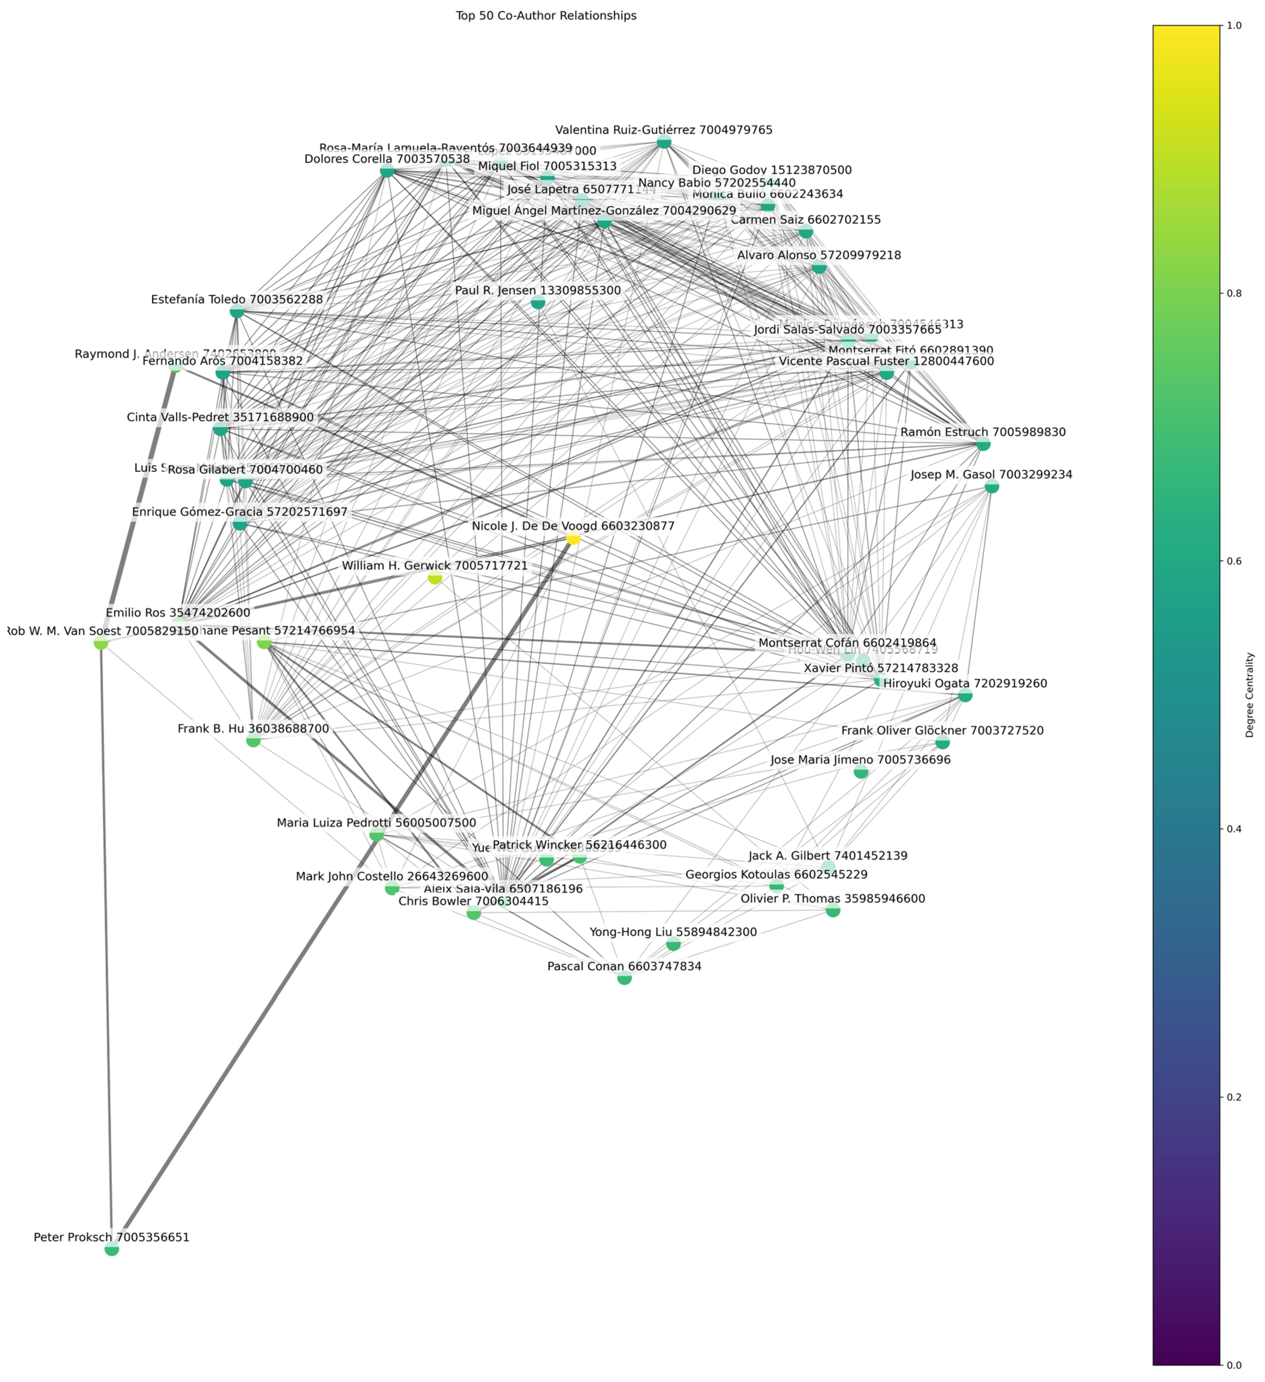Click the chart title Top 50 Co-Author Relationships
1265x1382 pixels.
546,16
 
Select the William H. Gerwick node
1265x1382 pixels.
434,578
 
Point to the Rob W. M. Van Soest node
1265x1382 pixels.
101,643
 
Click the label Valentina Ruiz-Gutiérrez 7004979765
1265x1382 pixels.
664,130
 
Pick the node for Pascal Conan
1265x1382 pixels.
624,978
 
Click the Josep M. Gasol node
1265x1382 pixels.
992,487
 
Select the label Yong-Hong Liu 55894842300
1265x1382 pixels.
673,932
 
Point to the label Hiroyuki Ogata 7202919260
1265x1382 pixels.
965,684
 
